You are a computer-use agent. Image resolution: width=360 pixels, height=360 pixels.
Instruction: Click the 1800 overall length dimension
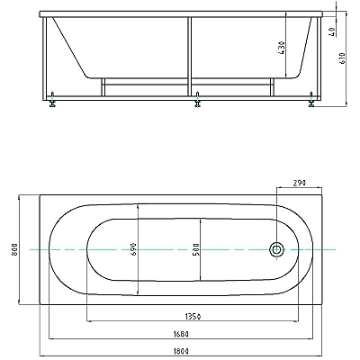pyautogui.click(x=181, y=351)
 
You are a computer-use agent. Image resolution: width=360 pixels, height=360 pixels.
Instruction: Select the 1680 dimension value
pyautogui.click(x=181, y=334)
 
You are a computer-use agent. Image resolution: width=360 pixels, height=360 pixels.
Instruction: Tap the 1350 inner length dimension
pyautogui.click(x=193, y=316)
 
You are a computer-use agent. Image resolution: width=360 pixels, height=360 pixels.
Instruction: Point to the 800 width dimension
pyautogui.click(x=14, y=249)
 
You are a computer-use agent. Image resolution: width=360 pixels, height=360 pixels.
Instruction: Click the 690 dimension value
pyautogui.click(x=133, y=249)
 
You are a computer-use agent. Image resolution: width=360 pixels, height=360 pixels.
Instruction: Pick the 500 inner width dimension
pyautogui.click(x=196, y=249)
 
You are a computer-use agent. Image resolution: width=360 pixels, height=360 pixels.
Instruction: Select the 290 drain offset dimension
pyautogui.click(x=299, y=183)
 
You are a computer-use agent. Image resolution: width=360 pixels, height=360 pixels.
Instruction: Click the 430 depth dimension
pyautogui.click(x=282, y=48)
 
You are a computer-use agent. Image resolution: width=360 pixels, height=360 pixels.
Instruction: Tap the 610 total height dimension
pyautogui.click(x=343, y=58)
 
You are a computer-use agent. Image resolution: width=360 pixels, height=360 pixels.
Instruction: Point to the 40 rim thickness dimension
pyautogui.click(x=332, y=31)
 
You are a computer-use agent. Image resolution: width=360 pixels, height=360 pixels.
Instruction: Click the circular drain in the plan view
pyautogui.click(x=276, y=249)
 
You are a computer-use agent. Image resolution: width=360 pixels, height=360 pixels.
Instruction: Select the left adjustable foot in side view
pyautogui.click(x=53, y=99)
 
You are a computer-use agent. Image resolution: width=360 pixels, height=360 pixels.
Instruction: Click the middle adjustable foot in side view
pyautogui.click(x=197, y=99)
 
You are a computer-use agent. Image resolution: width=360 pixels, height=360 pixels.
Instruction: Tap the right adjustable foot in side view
pyautogui.click(x=311, y=99)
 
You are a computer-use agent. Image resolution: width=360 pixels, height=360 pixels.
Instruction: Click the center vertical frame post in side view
pyautogui.click(x=190, y=57)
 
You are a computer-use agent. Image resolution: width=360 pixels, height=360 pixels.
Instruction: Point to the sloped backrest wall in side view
pyautogui.click(x=69, y=48)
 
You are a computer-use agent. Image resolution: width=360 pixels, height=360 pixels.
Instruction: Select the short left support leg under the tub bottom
pyautogui.click(x=103, y=87)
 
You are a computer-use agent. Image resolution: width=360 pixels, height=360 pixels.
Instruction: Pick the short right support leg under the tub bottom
pyautogui.click(x=272, y=87)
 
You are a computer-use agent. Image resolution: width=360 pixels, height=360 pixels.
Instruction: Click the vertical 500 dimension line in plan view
pyautogui.click(x=201, y=249)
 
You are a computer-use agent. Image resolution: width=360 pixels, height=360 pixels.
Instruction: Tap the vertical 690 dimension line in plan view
pyautogui.click(x=138, y=249)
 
